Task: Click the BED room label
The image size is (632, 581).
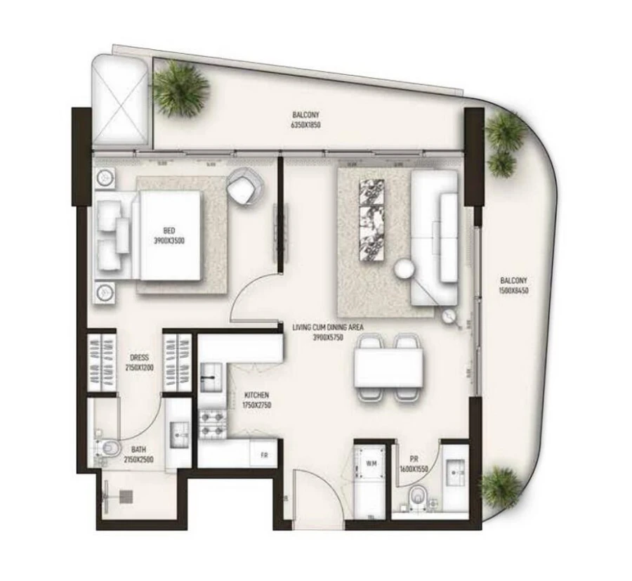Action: (169, 230)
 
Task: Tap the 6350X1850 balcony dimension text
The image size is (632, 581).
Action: (305, 125)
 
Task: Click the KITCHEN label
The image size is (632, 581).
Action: (256, 396)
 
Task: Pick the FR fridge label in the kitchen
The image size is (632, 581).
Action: (264, 455)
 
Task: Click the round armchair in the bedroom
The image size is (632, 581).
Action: (244, 188)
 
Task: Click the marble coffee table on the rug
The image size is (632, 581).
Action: (371, 220)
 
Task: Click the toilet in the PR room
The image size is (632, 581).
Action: (419, 497)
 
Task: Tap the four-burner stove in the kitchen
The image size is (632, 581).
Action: (212, 424)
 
